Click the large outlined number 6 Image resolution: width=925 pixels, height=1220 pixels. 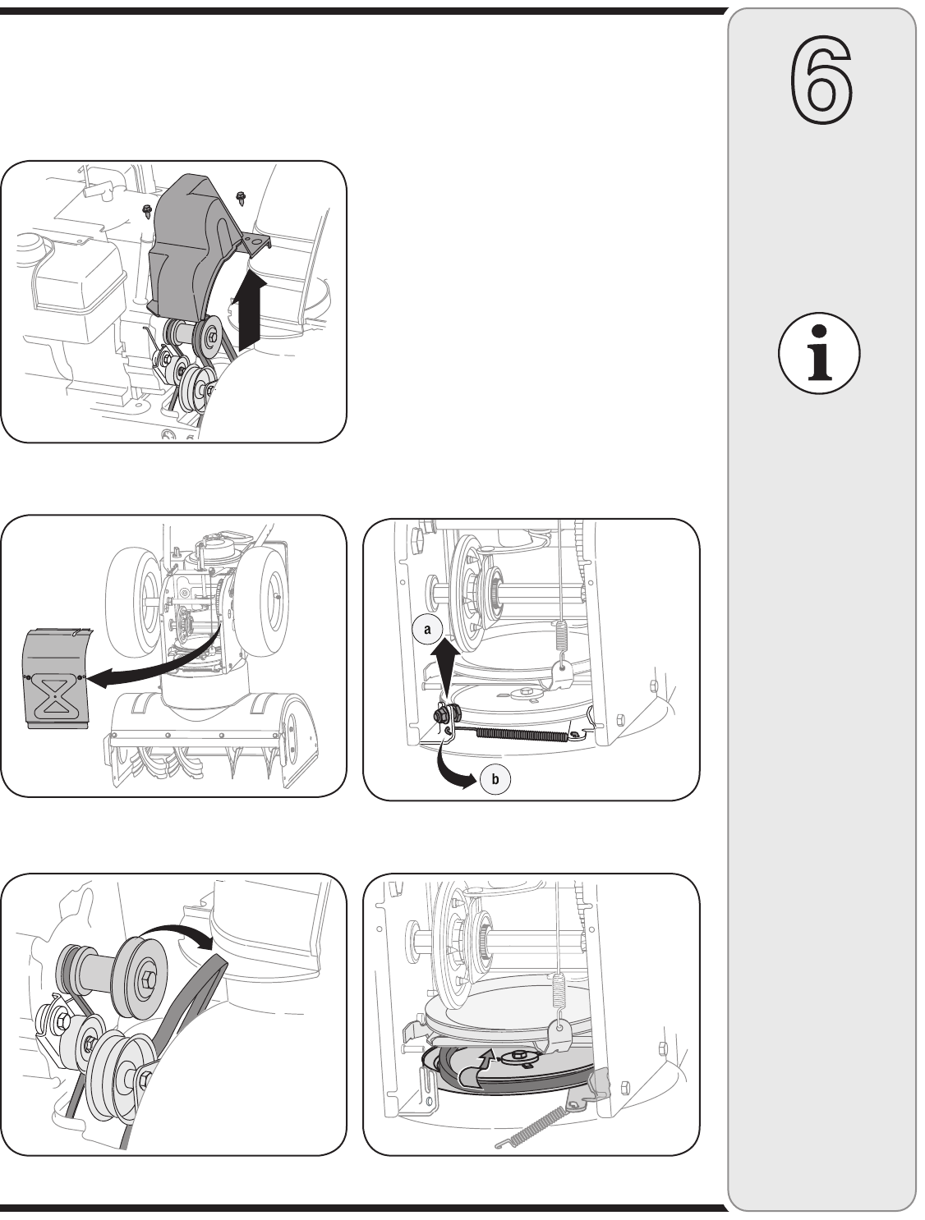click(821, 80)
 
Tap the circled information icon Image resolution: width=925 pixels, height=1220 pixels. click(819, 354)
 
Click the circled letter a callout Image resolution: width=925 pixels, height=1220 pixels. click(427, 629)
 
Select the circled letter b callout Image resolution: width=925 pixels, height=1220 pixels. click(495, 779)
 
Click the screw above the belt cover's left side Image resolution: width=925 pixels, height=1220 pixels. click(147, 210)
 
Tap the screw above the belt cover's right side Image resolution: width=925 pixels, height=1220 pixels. click(241, 197)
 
